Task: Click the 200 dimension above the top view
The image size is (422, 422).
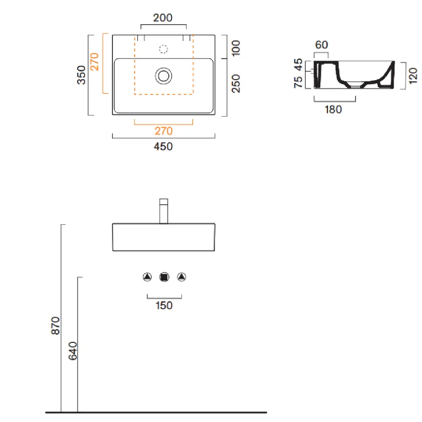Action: point(162,18)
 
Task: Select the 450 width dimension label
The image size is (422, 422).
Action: point(163,147)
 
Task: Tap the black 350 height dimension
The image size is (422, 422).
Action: point(81,75)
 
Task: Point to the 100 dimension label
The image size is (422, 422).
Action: point(235,48)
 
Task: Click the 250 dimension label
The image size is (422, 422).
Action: point(235,83)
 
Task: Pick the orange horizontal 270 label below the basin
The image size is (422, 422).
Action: point(164,131)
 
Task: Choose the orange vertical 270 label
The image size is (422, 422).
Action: point(94,62)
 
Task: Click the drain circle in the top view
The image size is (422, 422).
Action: point(164,76)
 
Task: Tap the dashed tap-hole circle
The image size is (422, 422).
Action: point(164,49)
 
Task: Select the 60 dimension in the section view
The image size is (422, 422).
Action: point(321,45)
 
